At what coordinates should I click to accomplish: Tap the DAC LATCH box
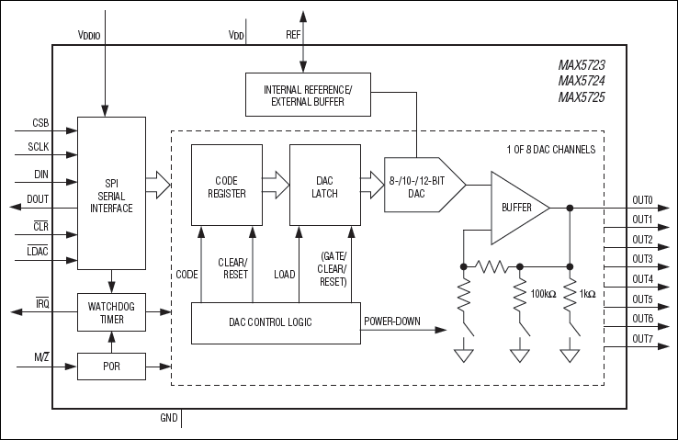(x=323, y=186)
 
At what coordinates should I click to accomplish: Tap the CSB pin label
(x=40, y=122)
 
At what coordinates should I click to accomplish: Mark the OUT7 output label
(x=642, y=339)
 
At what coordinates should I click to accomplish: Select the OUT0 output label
(x=642, y=199)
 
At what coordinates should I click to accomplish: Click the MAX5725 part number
(x=581, y=97)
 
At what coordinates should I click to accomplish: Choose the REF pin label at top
(x=293, y=34)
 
